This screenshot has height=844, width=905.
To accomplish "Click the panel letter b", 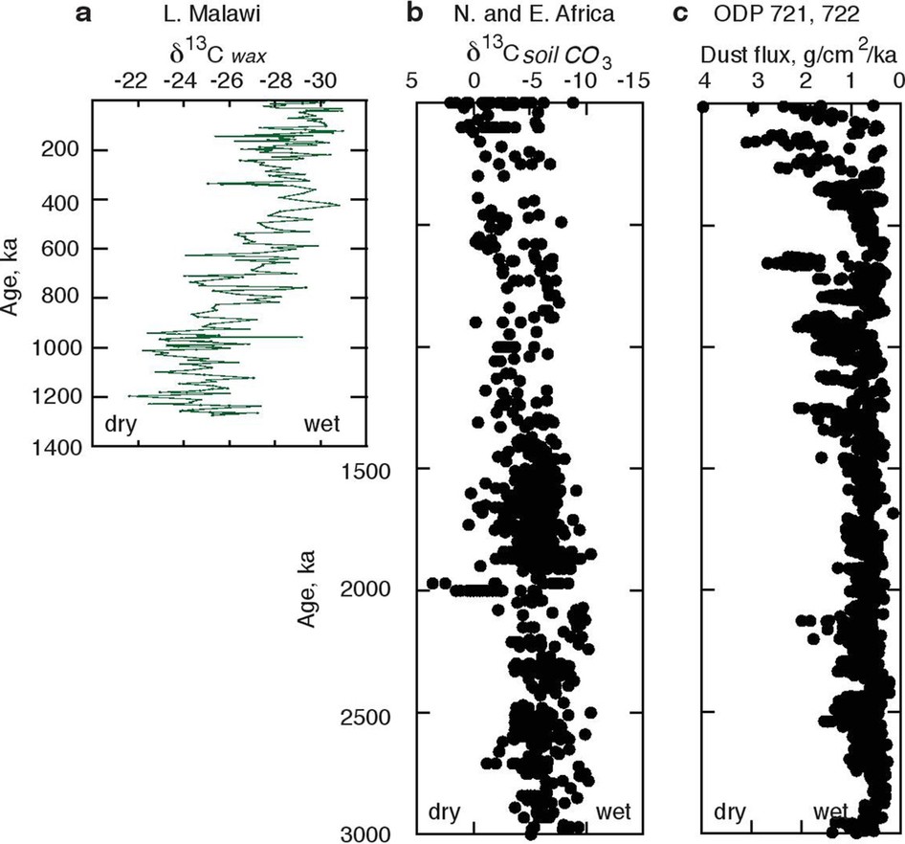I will coord(415,13).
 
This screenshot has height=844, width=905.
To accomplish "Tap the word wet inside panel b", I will coord(613,812).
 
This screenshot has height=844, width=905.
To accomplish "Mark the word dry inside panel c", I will coord(732,812).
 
